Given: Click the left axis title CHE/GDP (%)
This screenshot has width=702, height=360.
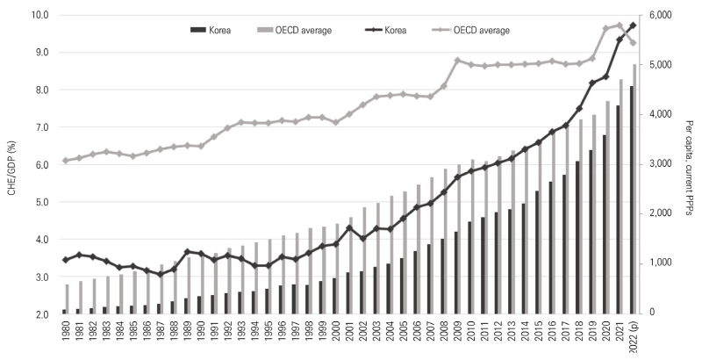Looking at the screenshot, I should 11,164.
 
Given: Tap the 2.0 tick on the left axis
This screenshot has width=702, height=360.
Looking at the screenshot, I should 39,313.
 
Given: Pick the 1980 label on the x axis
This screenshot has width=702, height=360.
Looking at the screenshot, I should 65,335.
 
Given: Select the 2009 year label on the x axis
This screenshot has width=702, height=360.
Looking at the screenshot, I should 458,335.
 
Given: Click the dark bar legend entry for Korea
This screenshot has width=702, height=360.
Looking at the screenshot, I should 198,30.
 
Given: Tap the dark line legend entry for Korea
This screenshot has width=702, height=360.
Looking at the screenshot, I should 376,30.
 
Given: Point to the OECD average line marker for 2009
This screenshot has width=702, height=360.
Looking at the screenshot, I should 457,60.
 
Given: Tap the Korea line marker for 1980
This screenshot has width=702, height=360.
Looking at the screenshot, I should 65,260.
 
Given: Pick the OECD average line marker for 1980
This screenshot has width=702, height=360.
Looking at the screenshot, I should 65,161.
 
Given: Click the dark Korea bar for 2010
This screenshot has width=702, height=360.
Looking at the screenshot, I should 469,268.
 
